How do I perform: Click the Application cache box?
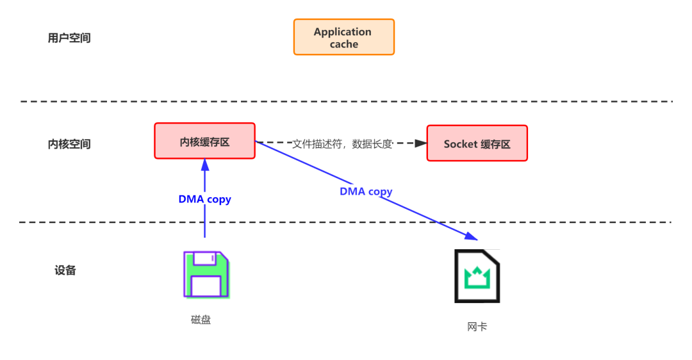coord(343,37)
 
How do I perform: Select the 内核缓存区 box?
coord(204,142)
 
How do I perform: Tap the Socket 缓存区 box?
coord(477,143)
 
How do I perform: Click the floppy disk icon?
coord(206,275)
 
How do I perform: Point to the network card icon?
coord(477,276)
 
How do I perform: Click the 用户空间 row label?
coord(69,38)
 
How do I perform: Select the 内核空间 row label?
coord(69,144)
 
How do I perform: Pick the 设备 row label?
coord(65,270)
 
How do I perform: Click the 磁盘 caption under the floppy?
coord(201,320)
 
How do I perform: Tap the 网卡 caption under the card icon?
coord(477,327)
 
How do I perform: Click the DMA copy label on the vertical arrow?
coord(204,199)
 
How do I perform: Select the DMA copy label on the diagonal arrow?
coord(366,191)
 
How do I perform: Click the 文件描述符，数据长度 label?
coord(342,143)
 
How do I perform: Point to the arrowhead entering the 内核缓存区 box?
coord(205,164)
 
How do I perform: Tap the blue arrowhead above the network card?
coord(473,238)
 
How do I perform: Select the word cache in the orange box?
coord(343,44)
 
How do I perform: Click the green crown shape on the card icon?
coord(477,277)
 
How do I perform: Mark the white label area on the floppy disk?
coord(206,285)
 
